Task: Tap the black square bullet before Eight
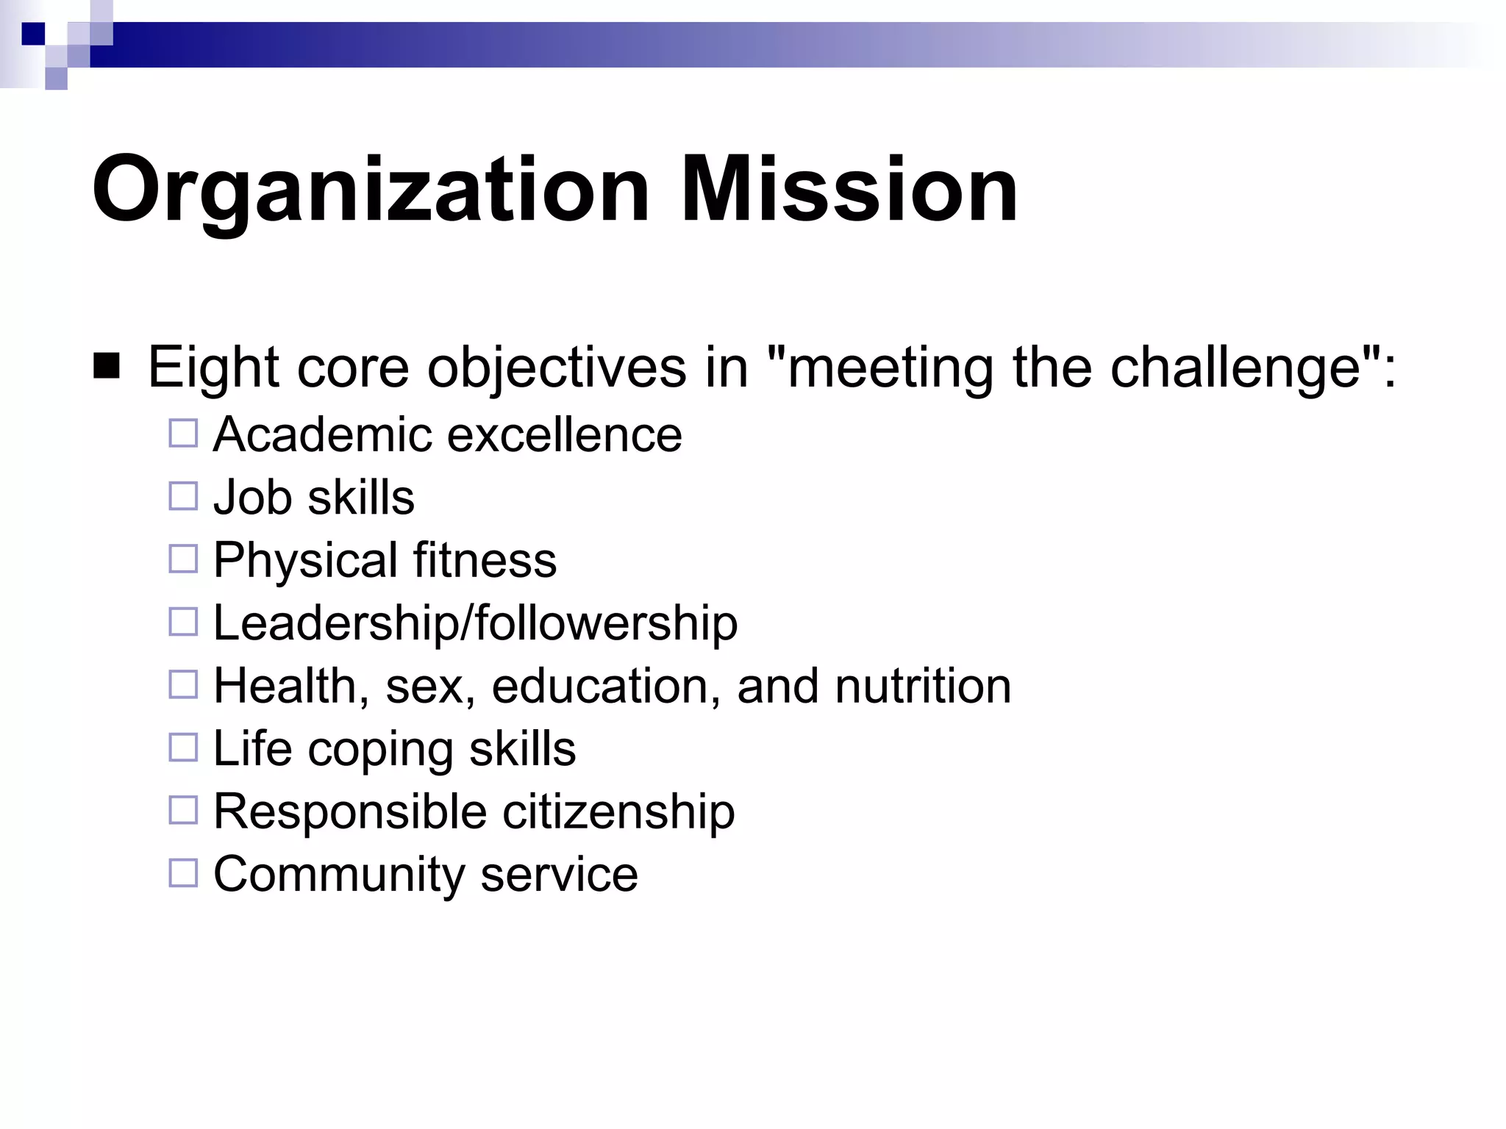(107, 366)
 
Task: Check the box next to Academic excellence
(183, 434)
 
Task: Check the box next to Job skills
(183, 496)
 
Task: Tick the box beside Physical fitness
(183, 559)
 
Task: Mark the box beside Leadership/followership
(183, 622)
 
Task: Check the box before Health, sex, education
(183, 685)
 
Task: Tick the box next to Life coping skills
(183, 748)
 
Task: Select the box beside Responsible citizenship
(183, 811)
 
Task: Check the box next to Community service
(183, 873)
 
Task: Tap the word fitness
(485, 559)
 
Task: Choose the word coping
(380, 750)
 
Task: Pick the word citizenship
(618, 811)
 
